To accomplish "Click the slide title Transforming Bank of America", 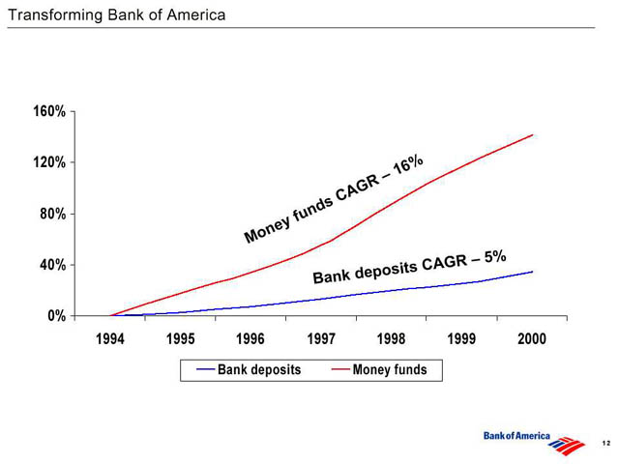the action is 117,15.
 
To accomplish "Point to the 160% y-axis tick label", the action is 49,111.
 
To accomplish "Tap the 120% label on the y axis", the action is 49,162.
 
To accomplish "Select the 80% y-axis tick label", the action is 53,214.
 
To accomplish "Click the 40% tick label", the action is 53,265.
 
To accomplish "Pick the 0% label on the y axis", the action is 57,316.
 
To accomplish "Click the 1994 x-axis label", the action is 110,339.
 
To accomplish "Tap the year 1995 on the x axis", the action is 181,339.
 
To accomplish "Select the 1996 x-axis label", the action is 251,339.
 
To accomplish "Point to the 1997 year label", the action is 321,339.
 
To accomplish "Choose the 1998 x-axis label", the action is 391,339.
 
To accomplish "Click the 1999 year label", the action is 461,339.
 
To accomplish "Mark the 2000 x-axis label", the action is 532,339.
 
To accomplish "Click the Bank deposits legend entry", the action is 250,369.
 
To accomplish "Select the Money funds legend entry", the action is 379,369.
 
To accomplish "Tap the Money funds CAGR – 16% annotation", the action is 334,199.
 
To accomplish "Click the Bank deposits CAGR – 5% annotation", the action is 410,267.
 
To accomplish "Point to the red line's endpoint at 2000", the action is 533,135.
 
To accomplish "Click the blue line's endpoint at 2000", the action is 533,272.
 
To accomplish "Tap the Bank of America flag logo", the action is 566,445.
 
